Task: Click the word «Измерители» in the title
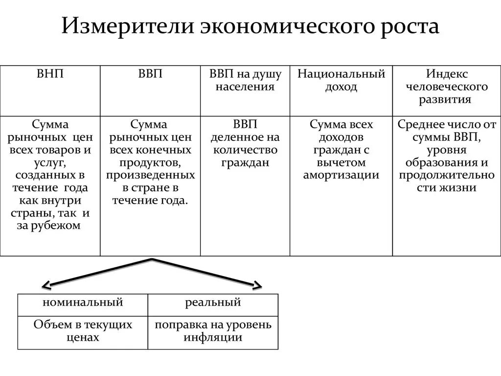pyautogui.click(x=126, y=26)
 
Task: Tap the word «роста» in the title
pyautogui.click(x=409, y=26)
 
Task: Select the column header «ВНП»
pyautogui.click(x=50, y=74)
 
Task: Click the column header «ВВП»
pyautogui.click(x=150, y=74)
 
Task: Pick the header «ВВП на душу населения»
pyautogui.click(x=245, y=80)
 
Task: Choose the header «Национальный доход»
pyautogui.click(x=341, y=80)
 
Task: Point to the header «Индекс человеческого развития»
pyautogui.click(x=446, y=87)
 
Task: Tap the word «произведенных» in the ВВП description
pyautogui.click(x=150, y=175)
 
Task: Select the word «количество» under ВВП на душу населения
pyautogui.click(x=245, y=150)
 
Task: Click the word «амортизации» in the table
pyautogui.click(x=341, y=175)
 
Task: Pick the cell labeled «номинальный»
pyautogui.click(x=83, y=302)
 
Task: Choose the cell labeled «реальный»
pyautogui.click(x=213, y=302)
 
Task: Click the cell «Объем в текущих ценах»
pyautogui.click(x=83, y=331)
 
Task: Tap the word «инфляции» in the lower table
pyautogui.click(x=213, y=337)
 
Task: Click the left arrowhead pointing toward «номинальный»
pyautogui.click(x=46, y=286)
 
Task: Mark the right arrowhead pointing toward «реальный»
pyautogui.click(x=257, y=286)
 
